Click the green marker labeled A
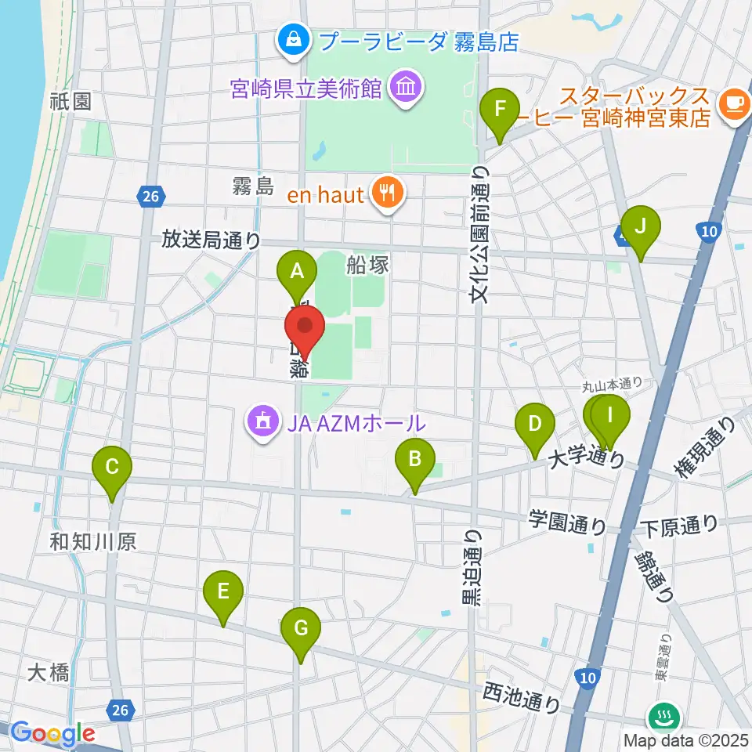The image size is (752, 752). click(x=297, y=273)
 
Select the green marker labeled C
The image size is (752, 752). click(x=112, y=468)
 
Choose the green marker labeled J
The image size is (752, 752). click(x=640, y=228)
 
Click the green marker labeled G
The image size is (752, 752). click(x=301, y=629)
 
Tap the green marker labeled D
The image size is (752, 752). click(x=535, y=425)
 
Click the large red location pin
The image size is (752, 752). click(x=305, y=328)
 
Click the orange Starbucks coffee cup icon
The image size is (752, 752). click(x=734, y=103)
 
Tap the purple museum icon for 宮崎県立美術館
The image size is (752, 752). click(x=406, y=86)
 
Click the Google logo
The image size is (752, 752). click(x=52, y=733)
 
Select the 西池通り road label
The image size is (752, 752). click(x=520, y=696)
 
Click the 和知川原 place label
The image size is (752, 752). click(x=93, y=541)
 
